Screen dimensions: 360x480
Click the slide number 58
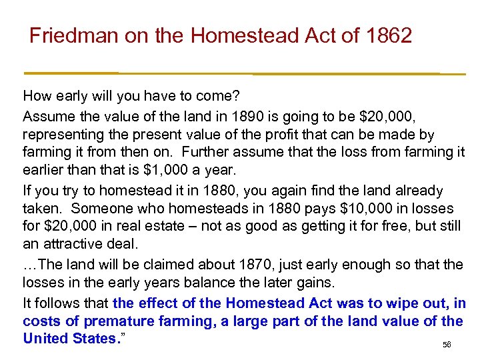447,345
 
